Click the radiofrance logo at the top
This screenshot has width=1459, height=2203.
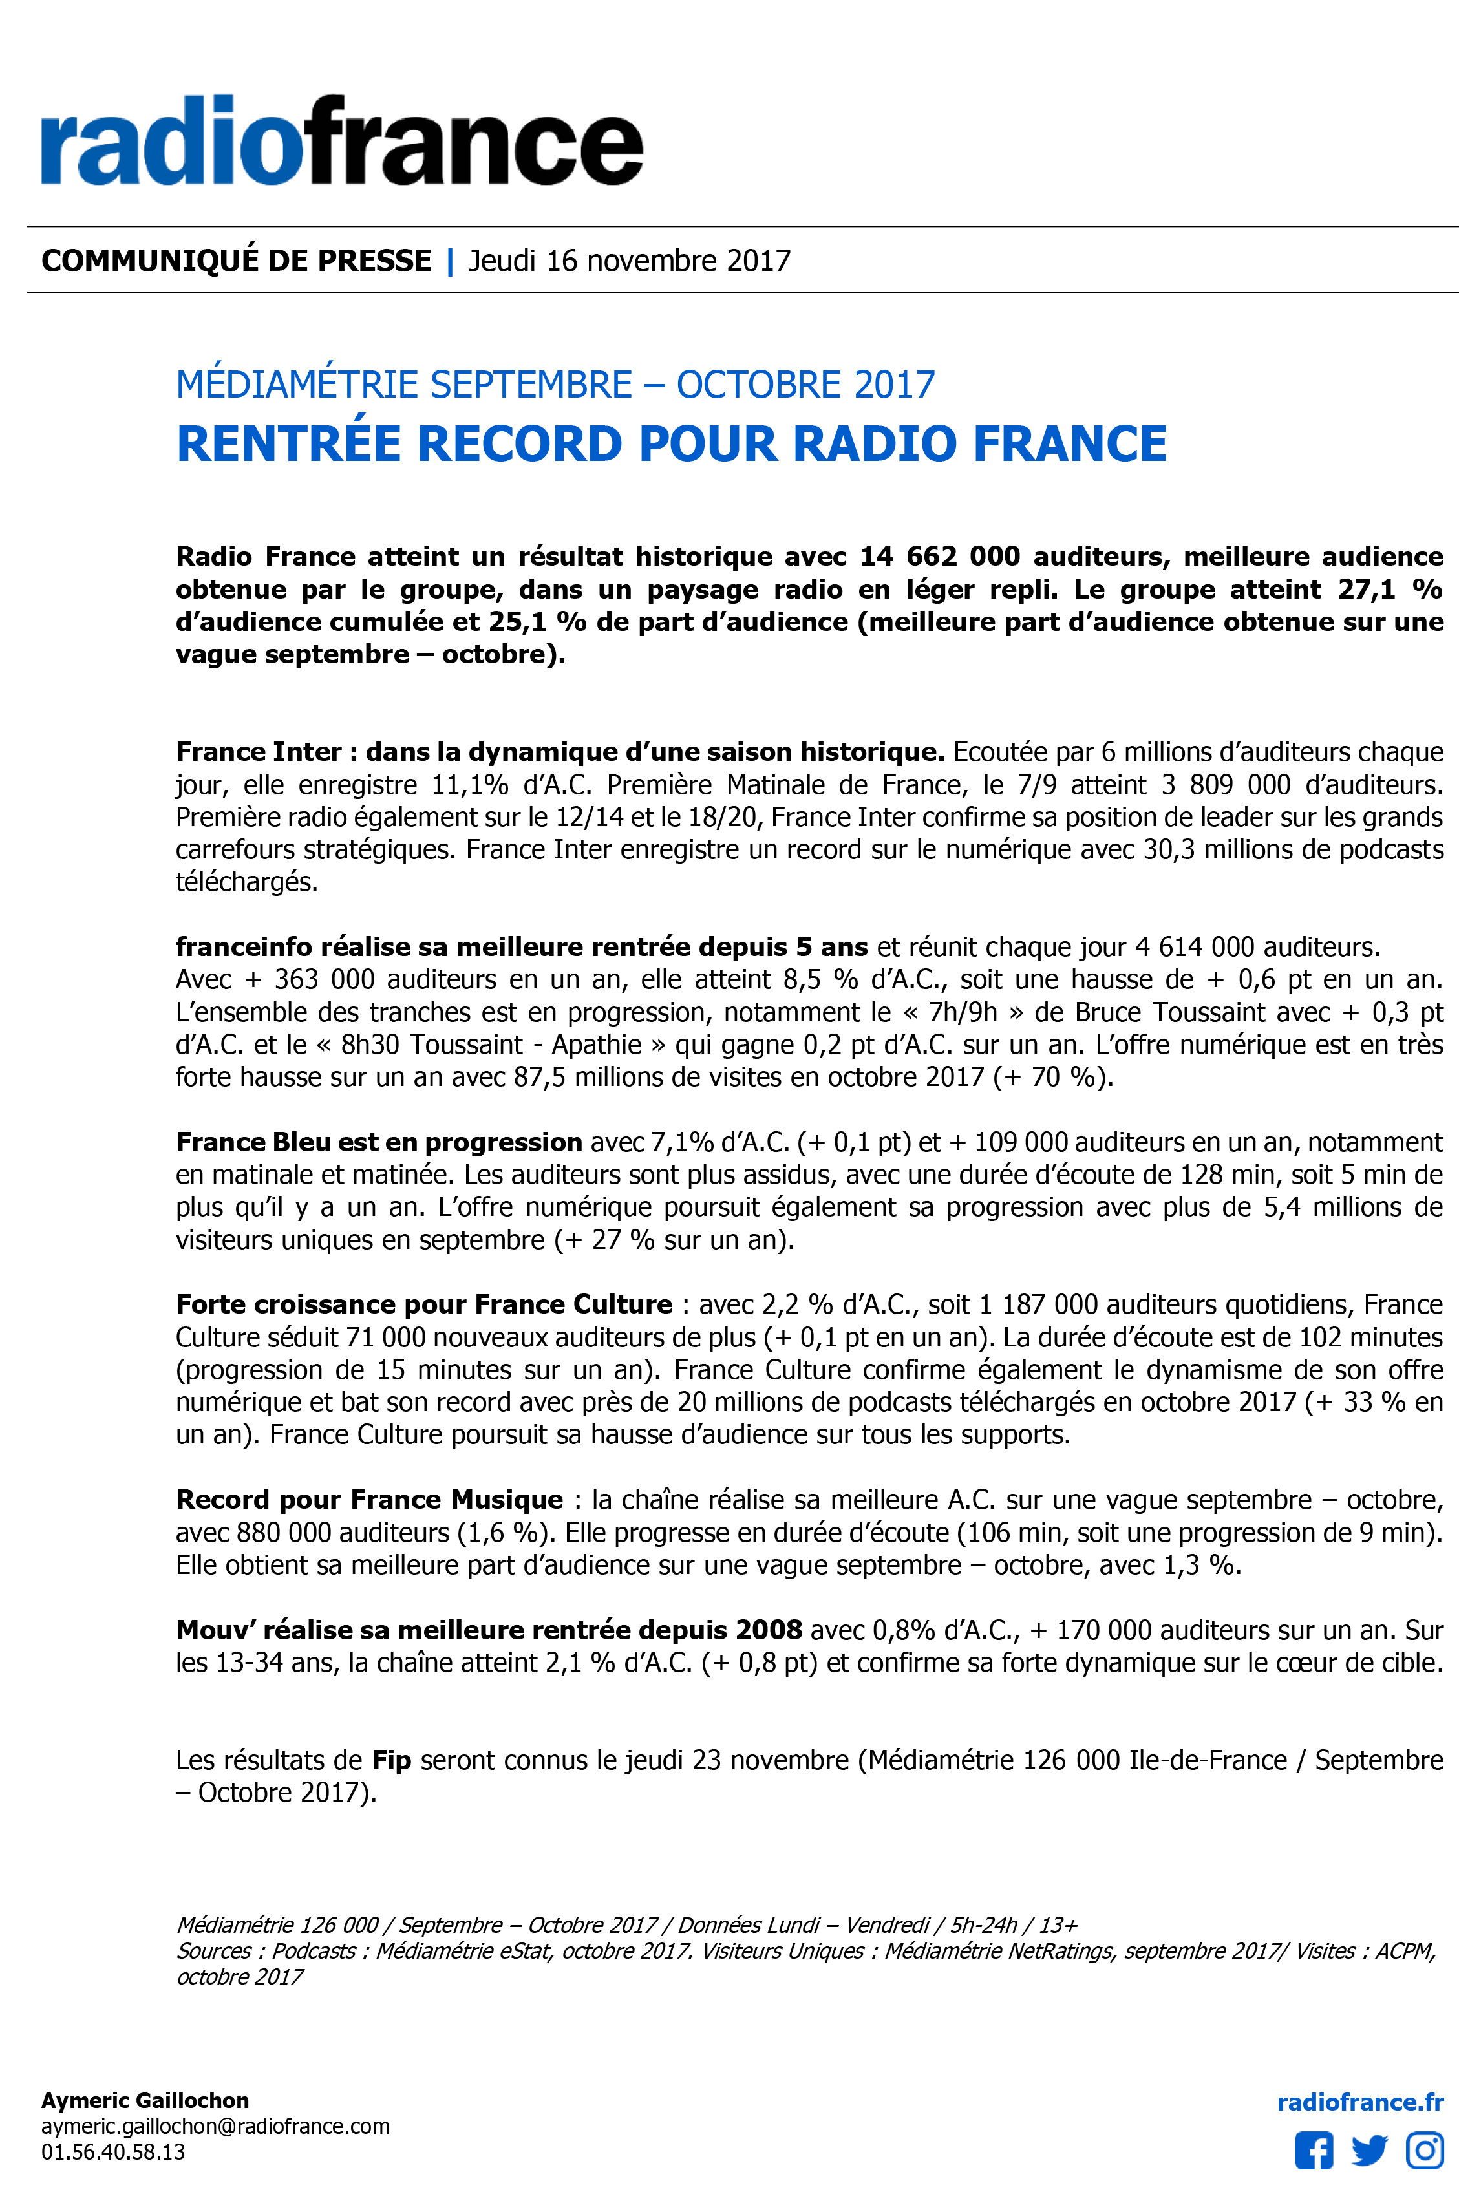pyautogui.click(x=341, y=142)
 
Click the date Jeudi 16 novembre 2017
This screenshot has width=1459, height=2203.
pyautogui.click(x=629, y=261)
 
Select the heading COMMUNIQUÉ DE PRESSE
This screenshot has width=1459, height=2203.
pyautogui.click(x=237, y=261)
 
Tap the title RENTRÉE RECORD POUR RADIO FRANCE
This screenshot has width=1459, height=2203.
pyautogui.click(x=671, y=443)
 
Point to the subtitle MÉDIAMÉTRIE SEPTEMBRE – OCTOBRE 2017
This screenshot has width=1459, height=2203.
pyautogui.click(x=555, y=384)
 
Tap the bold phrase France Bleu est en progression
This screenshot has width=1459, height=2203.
pyautogui.click(x=379, y=1142)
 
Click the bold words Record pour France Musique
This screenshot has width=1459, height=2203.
pyautogui.click(x=369, y=1500)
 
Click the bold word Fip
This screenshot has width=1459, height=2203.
pyautogui.click(x=391, y=1761)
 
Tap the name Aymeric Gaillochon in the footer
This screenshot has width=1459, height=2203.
pyautogui.click(x=145, y=2101)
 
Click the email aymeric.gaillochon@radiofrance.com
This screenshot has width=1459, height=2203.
pyautogui.click(x=215, y=2127)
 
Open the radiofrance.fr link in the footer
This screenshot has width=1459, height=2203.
pyautogui.click(x=1359, y=2103)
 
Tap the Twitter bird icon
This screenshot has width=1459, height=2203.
pyautogui.click(x=1368, y=2151)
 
